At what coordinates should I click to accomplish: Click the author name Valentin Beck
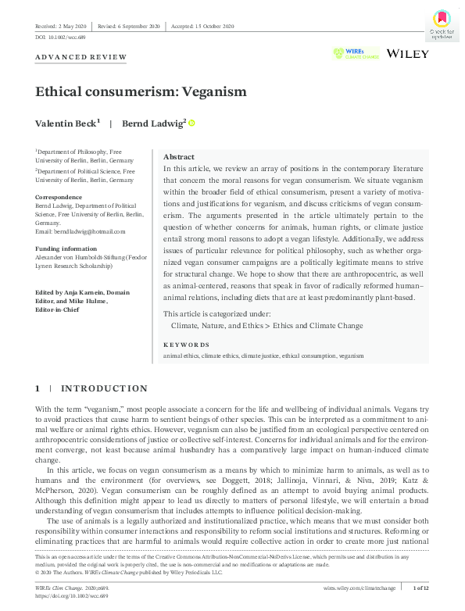tap(66, 123)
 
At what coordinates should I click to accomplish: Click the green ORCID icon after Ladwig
tap(191, 123)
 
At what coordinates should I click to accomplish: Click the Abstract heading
tap(179, 157)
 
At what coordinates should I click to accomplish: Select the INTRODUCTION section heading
tap(104, 388)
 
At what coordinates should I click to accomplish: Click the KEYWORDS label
tap(186, 344)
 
